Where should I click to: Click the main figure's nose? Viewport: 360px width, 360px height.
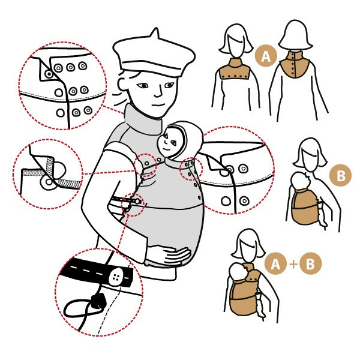click(x=158, y=92)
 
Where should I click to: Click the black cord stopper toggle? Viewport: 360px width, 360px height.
click(x=98, y=301)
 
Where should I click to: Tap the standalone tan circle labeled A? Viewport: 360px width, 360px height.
click(x=266, y=56)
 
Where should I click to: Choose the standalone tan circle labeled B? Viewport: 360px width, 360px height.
click(x=340, y=175)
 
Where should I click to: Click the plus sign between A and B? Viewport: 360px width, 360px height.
click(x=293, y=264)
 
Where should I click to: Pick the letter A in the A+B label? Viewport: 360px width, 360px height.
click(x=275, y=264)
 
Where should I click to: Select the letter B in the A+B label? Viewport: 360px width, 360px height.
click(x=310, y=263)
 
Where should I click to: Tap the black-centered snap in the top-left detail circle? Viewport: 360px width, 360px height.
click(x=49, y=74)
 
